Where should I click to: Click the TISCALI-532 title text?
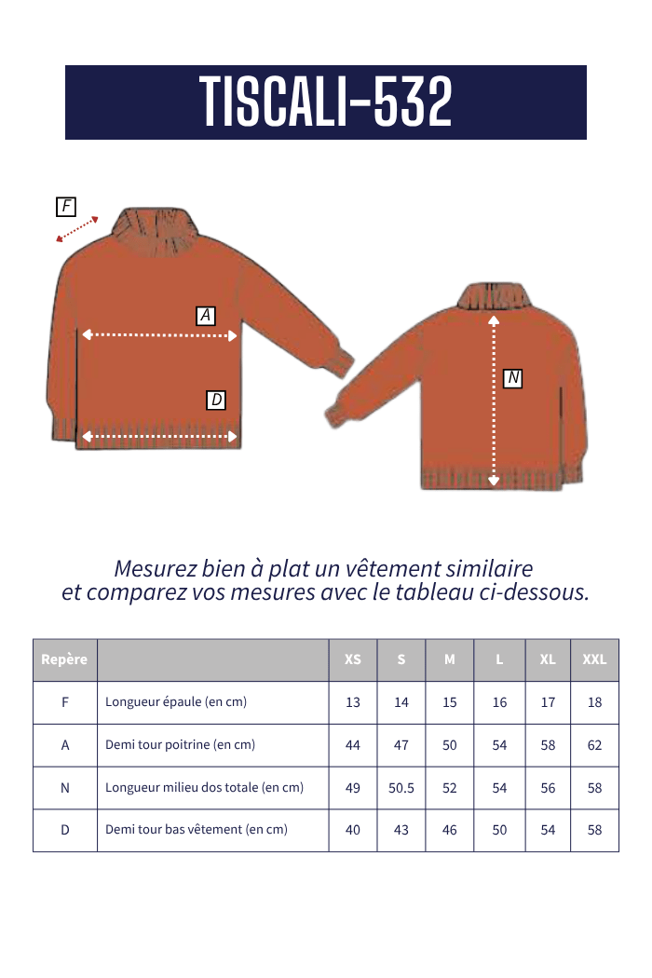pyautogui.click(x=325, y=102)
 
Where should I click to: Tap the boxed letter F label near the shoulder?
pyautogui.click(x=66, y=207)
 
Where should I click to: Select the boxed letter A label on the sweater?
pyautogui.click(x=206, y=316)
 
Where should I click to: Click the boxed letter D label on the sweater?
pyautogui.click(x=216, y=401)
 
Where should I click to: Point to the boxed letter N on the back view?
pyautogui.click(x=512, y=378)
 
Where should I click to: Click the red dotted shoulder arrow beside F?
pyautogui.click(x=77, y=229)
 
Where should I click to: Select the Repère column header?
pyautogui.click(x=64, y=659)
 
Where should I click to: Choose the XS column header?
pyautogui.click(x=353, y=659)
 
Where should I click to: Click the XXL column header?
pyautogui.click(x=594, y=659)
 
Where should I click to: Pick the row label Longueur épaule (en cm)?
pyautogui.click(x=176, y=702)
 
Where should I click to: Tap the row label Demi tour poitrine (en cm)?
pyautogui.click(x=180, y=745)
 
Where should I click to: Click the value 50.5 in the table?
pyautogui.click(x=401, y=788)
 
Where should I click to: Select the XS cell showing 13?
pyautogui.click(x=353, y=702)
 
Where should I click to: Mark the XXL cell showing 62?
pyautogui.click(x=594, y=745)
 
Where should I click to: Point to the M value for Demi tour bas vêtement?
pyautogui.click(x=450, y=830)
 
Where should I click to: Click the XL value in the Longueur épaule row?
pyautogui.click(x=548, y=702)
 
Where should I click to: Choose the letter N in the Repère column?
pyautogui.click(x=64, y=788)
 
